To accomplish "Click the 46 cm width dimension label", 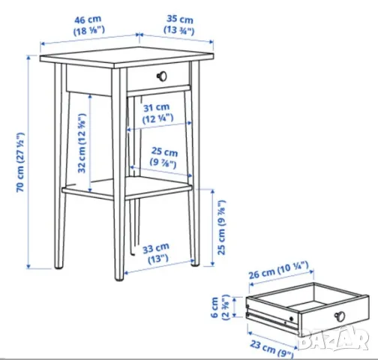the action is tap(88, 25).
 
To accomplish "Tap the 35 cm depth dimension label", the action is tap(179, 25).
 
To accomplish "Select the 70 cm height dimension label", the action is tap(20, 162).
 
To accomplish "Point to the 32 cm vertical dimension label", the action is tap(82, 143).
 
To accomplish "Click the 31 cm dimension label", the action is tap(157, 113).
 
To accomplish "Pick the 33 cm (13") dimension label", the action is tap(156, 253).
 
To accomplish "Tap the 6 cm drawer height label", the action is tap(220, 307).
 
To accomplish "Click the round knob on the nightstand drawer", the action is tap(162, 76).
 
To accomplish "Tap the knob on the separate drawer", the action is tap(340, 316).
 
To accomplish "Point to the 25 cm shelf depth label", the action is tap(164, 157).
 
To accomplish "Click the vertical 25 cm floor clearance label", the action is tap(221, 227).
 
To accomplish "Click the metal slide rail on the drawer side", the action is tap(272, 320).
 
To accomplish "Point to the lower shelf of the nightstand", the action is tap(127, 188).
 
